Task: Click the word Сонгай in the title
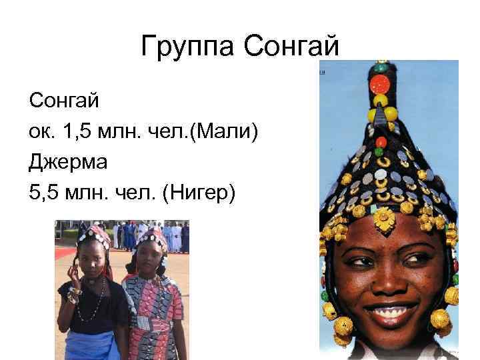293,47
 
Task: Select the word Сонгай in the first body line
64,101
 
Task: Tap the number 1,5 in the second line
79,131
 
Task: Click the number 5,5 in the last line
44,193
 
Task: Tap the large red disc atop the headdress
380,84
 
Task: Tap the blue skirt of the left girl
90,343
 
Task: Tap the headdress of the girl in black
93,234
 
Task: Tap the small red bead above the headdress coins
381,142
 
